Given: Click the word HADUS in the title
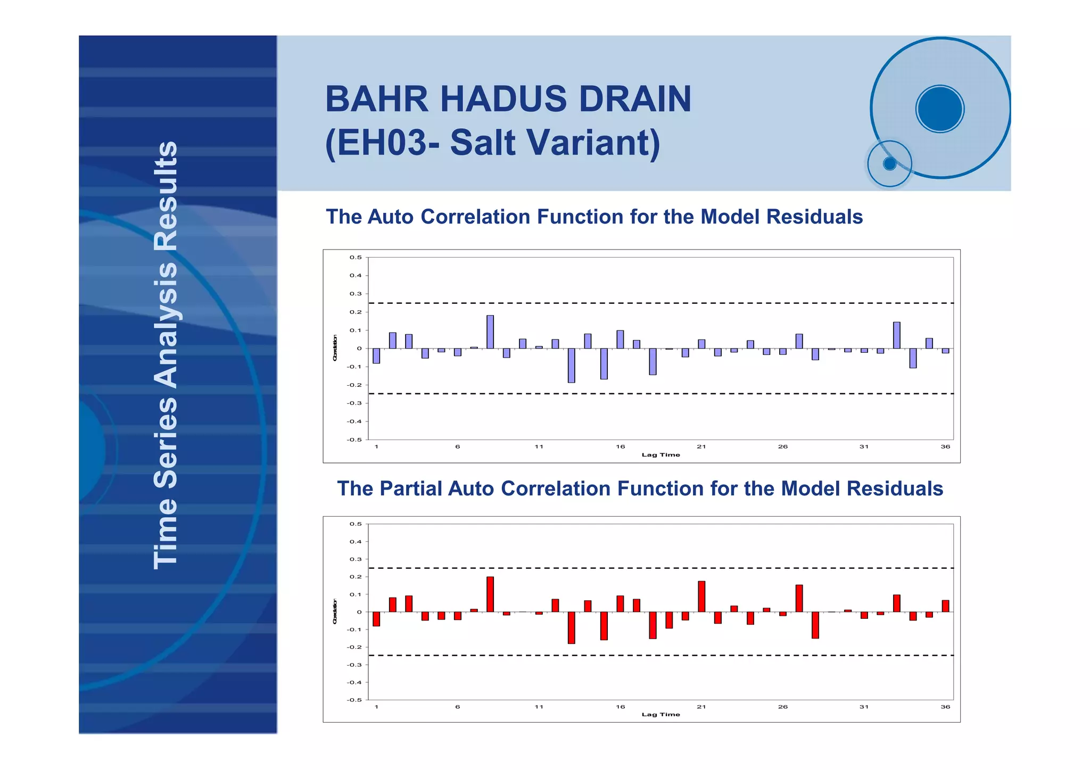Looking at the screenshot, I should tap(503, 100).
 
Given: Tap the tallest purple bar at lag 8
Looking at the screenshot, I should tap(490, 332).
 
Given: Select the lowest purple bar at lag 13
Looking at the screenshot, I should tap(571, 366).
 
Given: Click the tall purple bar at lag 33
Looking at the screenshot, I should tap(897, 335).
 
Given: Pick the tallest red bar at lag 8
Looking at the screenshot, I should tap(490, 594).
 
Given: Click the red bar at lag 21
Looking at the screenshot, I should tap(701, 597).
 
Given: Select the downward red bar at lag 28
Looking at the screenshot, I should tap(815, 625).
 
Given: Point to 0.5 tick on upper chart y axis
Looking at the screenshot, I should tap(356, 258).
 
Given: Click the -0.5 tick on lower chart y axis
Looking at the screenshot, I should tap(354, 700).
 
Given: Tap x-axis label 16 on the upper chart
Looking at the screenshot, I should tap(620, 446).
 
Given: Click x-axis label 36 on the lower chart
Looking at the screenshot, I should tap(945, 707).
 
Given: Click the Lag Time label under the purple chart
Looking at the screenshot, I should tap(660, 455).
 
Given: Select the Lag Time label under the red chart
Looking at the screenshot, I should tap(660, 715).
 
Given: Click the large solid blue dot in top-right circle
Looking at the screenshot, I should tap(940, 109).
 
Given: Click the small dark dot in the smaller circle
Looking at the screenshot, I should tap(889, 163).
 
